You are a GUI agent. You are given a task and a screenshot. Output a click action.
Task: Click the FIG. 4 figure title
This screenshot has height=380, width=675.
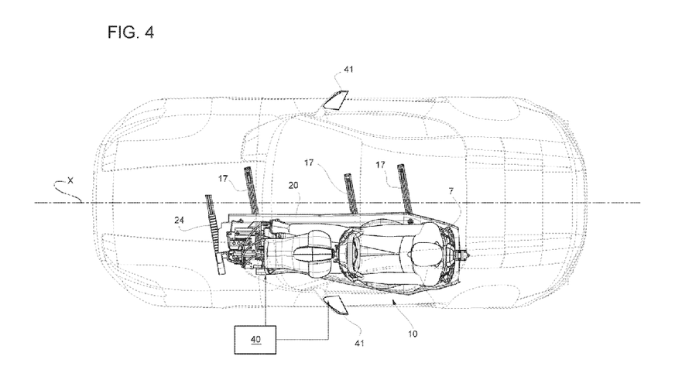[131, 33]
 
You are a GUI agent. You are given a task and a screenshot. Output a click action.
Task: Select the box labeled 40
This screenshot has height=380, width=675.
[255, 340]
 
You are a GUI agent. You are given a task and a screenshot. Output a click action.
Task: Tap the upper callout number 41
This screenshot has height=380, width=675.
[348, 69]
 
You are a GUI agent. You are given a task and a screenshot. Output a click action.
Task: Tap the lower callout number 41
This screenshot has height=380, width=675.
[359, 343]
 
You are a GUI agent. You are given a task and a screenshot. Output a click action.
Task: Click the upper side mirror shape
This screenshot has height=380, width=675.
[336, 99]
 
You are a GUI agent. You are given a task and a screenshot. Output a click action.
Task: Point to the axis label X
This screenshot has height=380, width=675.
[70, 181]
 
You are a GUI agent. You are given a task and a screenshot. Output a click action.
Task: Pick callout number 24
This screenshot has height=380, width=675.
[179, 221]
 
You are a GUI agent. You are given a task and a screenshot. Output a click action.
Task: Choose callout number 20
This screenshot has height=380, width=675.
[293, 186]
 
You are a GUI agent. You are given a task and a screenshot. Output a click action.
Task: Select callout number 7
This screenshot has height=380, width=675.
[451, 191]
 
